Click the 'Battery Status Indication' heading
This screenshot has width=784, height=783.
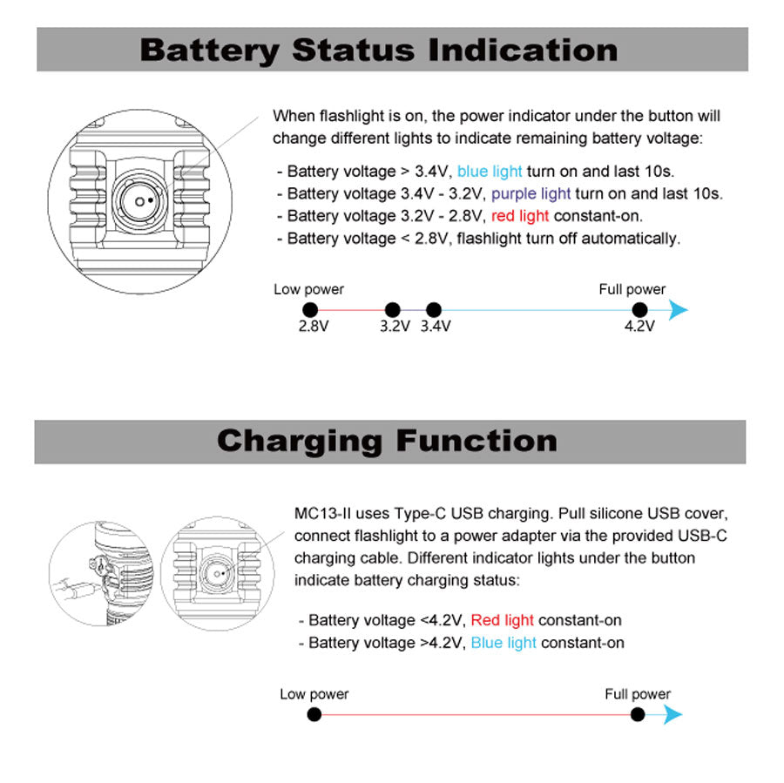point(379,50)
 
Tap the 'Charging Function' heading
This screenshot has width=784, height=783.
point(387,441)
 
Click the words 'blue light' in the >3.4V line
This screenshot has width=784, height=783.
point(490,172)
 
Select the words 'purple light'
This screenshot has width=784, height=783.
point(531,193)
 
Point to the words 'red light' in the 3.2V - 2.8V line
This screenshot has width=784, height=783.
point(520,216)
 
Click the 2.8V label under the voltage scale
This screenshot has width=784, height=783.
point(314,327)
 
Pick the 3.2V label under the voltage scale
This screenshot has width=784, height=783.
point(395,327)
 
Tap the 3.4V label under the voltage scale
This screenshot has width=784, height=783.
point(436,327)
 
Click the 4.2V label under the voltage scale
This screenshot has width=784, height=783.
point(639,327)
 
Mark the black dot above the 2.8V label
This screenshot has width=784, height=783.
point(309,309)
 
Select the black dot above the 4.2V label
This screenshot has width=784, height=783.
point(639,309)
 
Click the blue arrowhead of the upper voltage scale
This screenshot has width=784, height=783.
point(678,309)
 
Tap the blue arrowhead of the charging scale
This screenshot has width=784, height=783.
point(673,715)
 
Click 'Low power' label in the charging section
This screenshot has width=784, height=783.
point(314,694)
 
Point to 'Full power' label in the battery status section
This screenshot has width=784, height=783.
point(632,289)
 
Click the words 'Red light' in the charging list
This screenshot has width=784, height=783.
point(502,620)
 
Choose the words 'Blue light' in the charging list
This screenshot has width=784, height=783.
point(504,643)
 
